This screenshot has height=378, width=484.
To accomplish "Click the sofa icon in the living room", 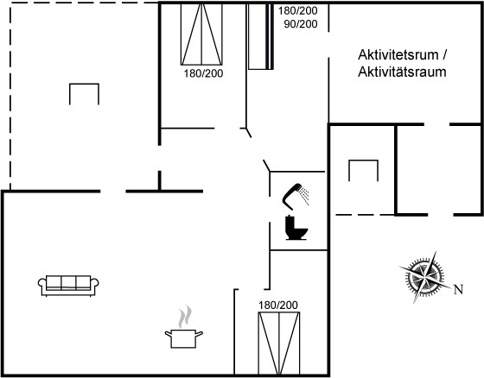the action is coord(68,286).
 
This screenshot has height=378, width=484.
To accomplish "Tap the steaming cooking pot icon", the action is coord(184,327).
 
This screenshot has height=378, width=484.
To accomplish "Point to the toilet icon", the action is coord(296,228).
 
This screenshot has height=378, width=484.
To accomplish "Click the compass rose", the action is coord(425,276).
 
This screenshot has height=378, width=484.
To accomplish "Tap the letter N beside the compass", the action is coord(458,289).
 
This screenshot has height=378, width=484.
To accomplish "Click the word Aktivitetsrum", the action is coord(398,55).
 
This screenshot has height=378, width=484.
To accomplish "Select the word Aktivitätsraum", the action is coord(402,72).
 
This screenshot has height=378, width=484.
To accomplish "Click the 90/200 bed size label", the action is coord(301,24).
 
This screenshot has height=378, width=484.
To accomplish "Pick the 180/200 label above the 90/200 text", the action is coord(298,10).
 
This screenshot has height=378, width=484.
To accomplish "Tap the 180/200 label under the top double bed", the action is coord(203,73).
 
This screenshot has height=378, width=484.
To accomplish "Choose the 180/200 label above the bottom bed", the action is coord(278,305).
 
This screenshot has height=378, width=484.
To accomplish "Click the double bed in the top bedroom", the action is coord(201,34).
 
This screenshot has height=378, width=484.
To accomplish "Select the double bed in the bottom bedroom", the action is coord(279,343).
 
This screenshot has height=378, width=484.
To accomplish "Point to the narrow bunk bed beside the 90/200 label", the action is coord(261,36).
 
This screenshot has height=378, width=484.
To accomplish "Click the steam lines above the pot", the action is coord(185,317).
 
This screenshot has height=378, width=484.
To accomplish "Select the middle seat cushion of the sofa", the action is coord(68,282).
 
